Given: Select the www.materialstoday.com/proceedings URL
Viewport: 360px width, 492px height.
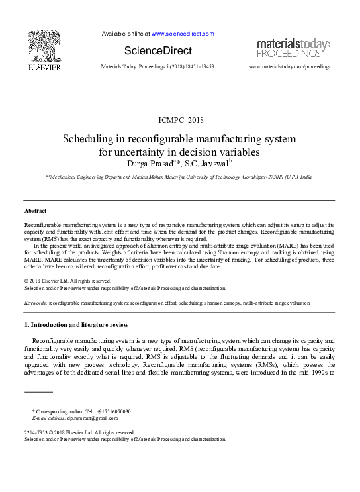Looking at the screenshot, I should (x=290, y=67).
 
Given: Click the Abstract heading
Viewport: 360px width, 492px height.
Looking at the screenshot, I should (x=35, y=210).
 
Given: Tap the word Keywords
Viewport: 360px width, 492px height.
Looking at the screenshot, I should (x=35, y=302).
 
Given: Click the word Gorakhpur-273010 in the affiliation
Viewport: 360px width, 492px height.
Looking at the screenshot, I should (x=257, y=178).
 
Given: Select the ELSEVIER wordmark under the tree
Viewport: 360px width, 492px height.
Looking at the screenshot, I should (x=44, y=67).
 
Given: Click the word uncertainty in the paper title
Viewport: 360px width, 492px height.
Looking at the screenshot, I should (x=143, y=152).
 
